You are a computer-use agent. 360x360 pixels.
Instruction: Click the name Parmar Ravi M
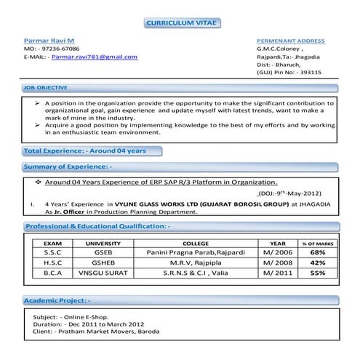click(49, 41)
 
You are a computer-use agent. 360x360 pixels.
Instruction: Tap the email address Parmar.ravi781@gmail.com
click(95, 56)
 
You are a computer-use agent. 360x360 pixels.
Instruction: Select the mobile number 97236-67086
click(59, 49)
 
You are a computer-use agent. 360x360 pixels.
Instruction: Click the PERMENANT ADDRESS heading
click(291, 41)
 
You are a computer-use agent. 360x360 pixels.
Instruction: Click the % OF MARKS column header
click(317, 243)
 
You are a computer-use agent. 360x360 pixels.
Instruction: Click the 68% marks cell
click(317, 252)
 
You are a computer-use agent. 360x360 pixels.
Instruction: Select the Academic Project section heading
click(57, 300)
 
